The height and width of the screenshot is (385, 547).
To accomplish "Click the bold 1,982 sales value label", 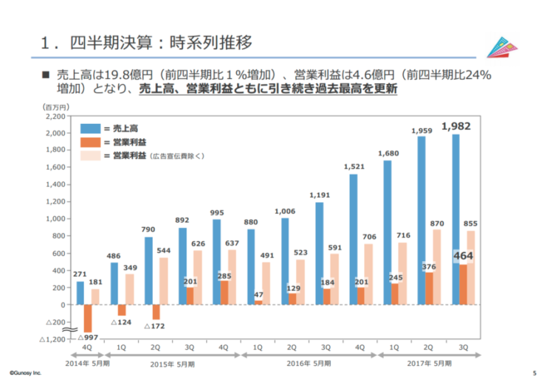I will (455, 126).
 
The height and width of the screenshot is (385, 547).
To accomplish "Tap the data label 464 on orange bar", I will (463, 255).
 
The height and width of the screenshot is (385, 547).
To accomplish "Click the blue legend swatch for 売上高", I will (90, 128).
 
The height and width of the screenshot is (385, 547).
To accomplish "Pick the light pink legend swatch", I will (90, 156).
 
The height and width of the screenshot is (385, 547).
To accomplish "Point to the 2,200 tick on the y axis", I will (56, 117).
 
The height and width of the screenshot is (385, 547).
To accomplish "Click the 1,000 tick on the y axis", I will (56, 219).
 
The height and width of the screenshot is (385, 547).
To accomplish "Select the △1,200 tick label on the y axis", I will (52, 339).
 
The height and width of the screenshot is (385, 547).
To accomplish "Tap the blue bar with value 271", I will (80, 293).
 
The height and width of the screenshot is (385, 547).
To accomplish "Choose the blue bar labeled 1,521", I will (354, 239).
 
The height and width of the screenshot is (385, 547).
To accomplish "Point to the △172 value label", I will (156, 325).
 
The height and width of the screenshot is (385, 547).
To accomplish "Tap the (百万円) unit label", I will (55, 107).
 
